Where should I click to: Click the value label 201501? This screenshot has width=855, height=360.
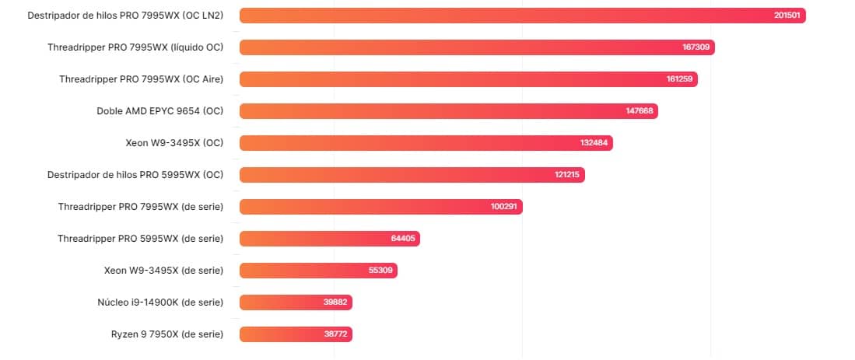pos(787,16)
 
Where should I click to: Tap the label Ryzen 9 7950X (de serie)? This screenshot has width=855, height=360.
pos(167,334)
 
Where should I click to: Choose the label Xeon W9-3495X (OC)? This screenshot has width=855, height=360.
pos(174,143)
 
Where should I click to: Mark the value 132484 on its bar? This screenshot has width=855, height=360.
pos(594,143)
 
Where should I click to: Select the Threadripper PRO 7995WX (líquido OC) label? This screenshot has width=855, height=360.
pos(135,47)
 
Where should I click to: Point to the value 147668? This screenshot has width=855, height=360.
pos(639,111)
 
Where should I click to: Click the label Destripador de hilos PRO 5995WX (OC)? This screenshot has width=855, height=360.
pos(135,175)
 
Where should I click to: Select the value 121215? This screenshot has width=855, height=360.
pos(567,175)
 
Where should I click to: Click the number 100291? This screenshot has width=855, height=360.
pos(505,207)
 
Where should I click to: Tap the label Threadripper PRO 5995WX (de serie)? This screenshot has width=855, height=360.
pos(140,239)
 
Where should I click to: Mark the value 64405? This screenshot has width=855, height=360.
pos(403,239)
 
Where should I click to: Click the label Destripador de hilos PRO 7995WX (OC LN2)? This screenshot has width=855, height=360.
pos(124,16)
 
